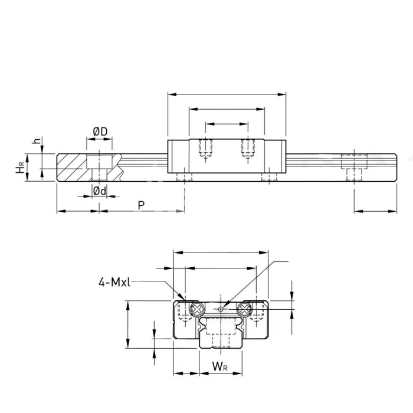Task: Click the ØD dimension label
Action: pyautogui.click(x=100, y=132)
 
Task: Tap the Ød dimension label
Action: pyautogui.click(x=100, y=191)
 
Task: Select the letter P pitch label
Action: pyautogui.click(x=142, y=205)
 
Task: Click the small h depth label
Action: pyautogui.click(x=37, y=140)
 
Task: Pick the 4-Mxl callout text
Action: pyautogui.click(x=114, y=282)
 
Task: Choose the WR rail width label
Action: pyautogui.click(x=219, y=366)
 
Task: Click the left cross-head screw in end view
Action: pyautogui.click(x=197, y=309)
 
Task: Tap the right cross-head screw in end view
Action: pyautogui.click(x=244, y=309)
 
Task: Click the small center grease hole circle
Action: pyautogui.click(x=221, y=309)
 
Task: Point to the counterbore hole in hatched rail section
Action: pyautogui.click(x=99, y=168)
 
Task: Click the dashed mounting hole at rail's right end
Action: pyautogui.click(x=354, y=168)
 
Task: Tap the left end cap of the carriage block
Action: pyautogui.click(x=179, y=156)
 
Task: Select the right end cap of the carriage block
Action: pyautogui.click(x=276, y=156)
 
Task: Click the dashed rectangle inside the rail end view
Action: pyautogui.click(x=221, y=326)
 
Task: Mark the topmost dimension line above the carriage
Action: pyautogui.click(x=227, y=94)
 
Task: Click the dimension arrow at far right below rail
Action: pyautogui.click(x=375, y=211)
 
